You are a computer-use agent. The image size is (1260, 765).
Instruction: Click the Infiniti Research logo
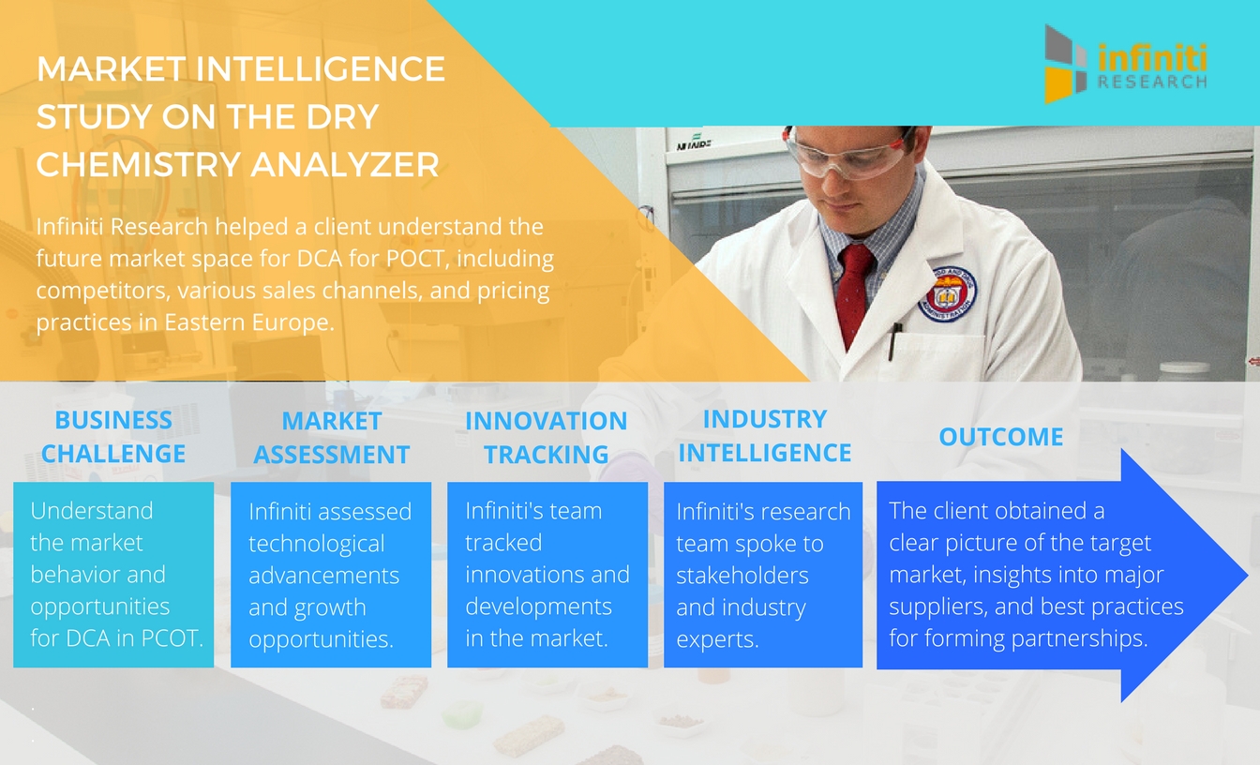[x=1126, y=64]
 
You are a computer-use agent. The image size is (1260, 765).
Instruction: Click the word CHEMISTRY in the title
[x=139, y=164]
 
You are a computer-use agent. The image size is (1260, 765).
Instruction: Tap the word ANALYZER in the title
[x=345, y=164]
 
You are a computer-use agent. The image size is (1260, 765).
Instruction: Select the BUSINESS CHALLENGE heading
[x=113, y=437]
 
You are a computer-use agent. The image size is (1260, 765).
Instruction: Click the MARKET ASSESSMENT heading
[x=331, y=438]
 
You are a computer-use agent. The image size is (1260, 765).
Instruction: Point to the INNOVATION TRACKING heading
[x=547, y=438]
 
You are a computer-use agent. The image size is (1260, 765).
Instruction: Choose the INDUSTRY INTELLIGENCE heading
[x=764, y=436]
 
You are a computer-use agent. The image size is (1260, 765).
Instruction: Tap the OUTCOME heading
[x=1001, y=437]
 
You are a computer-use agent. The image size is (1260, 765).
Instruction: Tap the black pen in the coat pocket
[x=894, y=340]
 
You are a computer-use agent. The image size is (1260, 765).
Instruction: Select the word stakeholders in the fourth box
[x=742, y=576]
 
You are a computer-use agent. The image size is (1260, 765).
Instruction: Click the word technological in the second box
[x=317, y=545]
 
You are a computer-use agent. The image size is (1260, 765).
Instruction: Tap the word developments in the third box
[x=538, y=607]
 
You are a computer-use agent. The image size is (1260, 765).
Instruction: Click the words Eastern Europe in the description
[x=248, y=322]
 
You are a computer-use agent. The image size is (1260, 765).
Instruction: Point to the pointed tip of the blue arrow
[x=1247, y=575]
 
